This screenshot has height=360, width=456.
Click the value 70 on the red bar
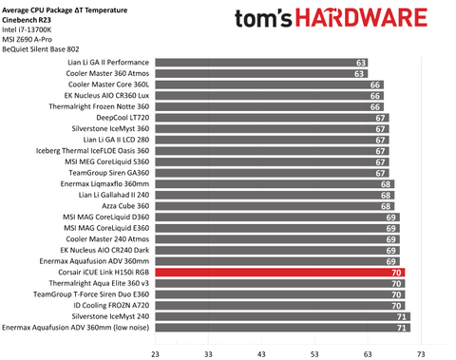pos(397,272)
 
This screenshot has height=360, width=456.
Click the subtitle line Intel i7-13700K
pos(32,28)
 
